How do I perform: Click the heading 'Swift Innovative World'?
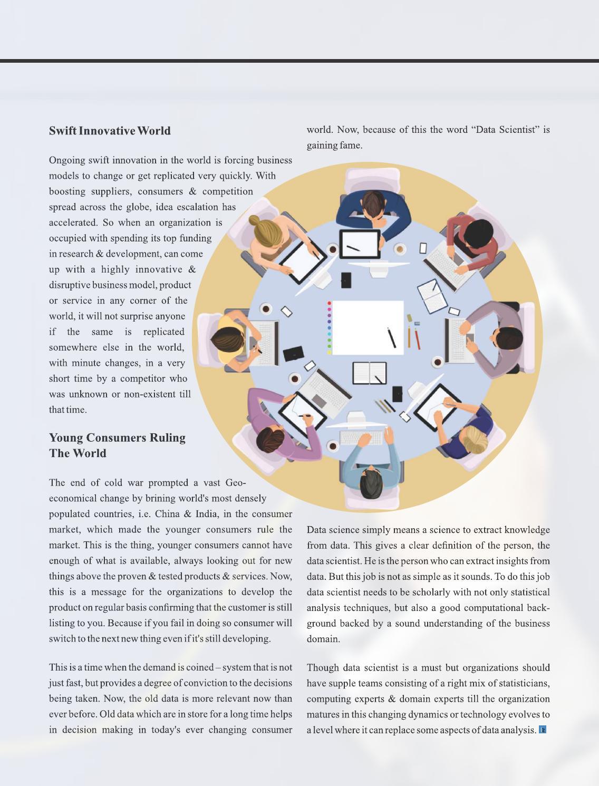pos(110,131)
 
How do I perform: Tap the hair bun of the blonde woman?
pos(255,220)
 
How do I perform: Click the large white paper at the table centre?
pos(368,327)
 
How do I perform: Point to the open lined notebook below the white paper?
pos(369,373)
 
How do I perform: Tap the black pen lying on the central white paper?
pos(391,337)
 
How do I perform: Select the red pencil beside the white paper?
pos(417,338)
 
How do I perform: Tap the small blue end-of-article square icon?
pos(542,730)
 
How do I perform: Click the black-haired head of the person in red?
pos(479,232)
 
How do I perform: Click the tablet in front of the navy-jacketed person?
pos(360,244)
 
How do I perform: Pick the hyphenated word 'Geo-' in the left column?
pos(235,483)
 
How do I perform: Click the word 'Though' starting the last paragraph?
pos(322,668)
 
